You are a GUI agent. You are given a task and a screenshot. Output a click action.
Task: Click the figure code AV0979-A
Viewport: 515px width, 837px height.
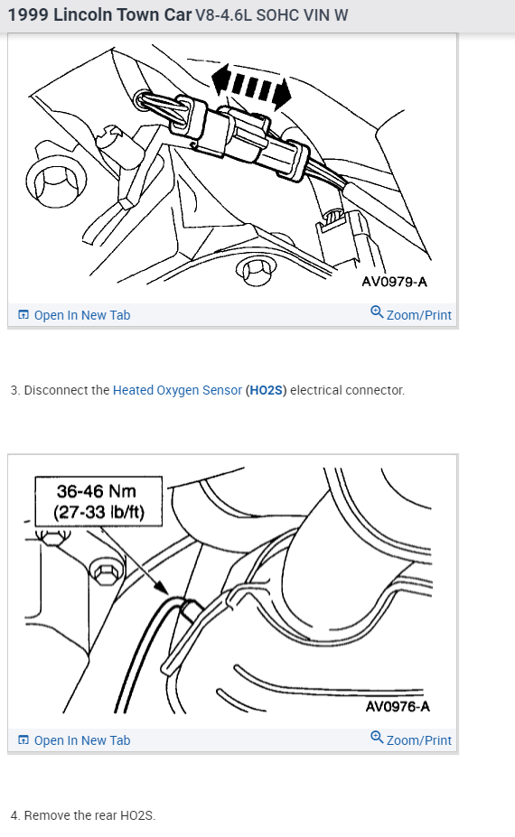[394, 282]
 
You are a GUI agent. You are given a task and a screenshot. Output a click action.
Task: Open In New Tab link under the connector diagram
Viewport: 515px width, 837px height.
[81, 315]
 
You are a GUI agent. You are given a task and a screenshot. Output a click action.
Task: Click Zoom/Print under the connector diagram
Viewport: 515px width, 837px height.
[418, 315]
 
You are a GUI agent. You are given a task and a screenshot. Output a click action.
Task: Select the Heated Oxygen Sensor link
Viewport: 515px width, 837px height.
[177, 390]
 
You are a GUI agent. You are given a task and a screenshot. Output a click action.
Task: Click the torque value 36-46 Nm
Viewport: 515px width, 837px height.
[96, 491]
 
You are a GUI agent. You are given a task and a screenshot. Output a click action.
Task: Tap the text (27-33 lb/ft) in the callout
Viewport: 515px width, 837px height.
[96, 512]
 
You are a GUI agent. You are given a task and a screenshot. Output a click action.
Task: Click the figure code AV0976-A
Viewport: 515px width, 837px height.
[398, 706]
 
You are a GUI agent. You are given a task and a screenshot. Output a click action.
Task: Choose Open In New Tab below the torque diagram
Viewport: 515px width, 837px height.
[81, 740]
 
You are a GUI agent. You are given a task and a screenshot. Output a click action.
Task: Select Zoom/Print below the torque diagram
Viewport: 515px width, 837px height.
[418, 740]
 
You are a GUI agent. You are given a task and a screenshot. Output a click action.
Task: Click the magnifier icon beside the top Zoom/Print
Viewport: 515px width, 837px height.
[376, 313]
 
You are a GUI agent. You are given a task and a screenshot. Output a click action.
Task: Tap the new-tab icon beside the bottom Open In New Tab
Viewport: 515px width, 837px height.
[23, 740]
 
